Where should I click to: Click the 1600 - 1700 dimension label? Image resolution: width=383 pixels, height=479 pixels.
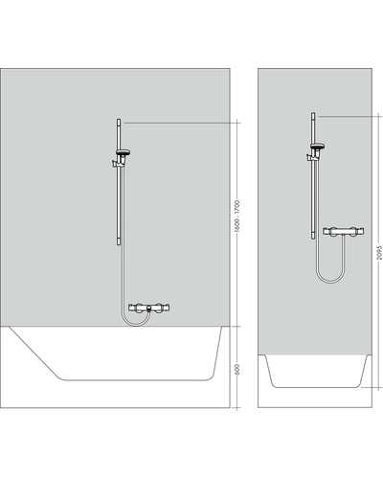(x=237, y=216)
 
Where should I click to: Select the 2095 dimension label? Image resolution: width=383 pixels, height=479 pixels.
(x=379, y=252)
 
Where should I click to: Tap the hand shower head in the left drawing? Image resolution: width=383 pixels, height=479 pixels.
(x=124, y=152)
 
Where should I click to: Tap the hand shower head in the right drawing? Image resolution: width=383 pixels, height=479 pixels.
(x=317, y=147)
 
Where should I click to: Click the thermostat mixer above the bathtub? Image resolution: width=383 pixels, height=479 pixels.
(x=148, y=308)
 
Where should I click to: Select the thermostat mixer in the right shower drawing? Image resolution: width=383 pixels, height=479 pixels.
(x=344, y=231)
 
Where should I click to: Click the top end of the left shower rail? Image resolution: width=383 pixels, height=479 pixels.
(x=119, y=120)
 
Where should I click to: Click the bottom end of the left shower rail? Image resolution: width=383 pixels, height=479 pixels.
(x=119, y=244)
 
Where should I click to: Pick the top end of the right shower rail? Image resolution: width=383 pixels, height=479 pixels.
(x=313, y=113)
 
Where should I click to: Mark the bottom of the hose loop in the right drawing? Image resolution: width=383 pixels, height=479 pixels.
(x=330, y=283)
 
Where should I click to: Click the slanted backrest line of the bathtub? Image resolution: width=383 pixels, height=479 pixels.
(x=35, y=354)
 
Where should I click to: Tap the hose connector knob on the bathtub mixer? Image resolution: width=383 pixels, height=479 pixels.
(x=148, y=308)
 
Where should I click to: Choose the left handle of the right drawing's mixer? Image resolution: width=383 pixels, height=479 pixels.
(x=332, y=231)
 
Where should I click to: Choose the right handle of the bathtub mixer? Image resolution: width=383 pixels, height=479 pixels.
(x=159, y=308)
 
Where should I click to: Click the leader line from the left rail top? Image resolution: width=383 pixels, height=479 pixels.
(x=181, y=123)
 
